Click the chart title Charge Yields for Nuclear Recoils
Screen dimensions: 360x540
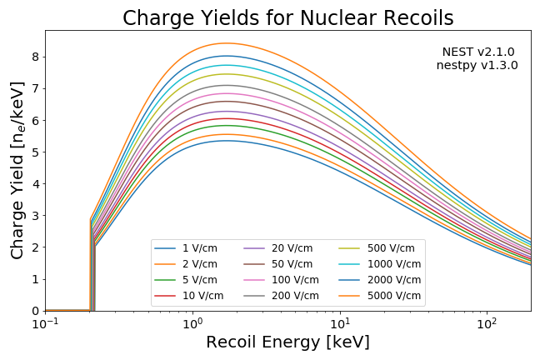click(x=287, y=17)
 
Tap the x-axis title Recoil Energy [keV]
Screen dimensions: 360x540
click(x=287, y=342)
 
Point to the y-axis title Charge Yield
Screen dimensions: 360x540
click(x=17, y=170)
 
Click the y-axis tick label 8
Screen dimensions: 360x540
click(x=36, y=57)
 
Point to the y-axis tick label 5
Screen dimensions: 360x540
click(x=36, y=152)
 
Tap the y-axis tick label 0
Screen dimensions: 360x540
click(x=36, y=311)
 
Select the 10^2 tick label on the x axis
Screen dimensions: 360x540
click(x=487, y=323)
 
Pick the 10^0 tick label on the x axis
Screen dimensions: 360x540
click(x=192, y=323)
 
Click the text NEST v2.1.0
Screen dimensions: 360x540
click(x=477, y=52)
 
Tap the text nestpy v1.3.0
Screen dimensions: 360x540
click(x=477, y=65)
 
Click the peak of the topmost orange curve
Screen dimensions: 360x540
click(x=226, y=43)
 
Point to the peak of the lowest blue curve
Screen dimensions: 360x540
click(x=226, y=140)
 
